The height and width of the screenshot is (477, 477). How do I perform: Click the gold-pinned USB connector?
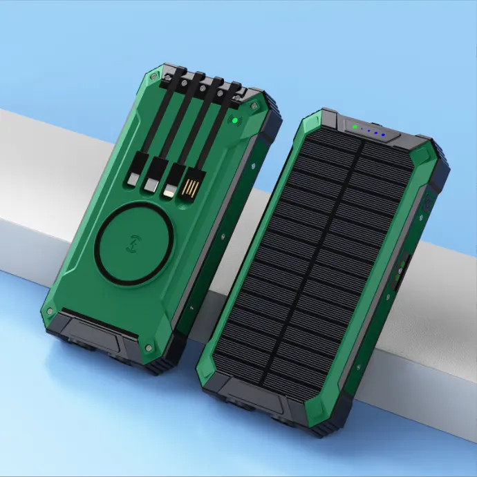coord(189,190)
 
